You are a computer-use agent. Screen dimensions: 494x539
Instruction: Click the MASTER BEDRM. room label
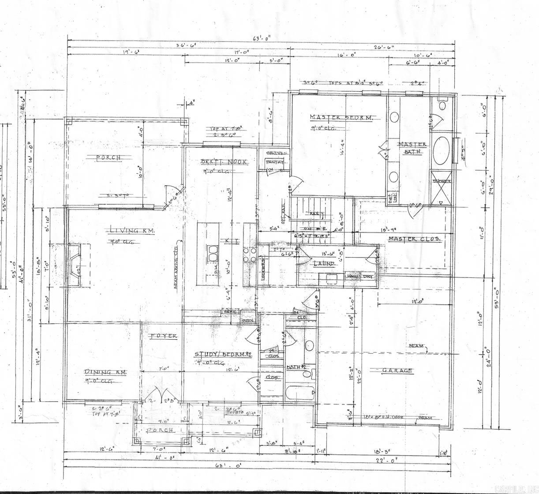click(342, 117)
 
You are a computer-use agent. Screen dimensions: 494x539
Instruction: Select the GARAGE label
click(397, 370)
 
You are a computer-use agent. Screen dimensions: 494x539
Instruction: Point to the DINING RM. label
click(105, 372)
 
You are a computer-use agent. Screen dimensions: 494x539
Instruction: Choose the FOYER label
click(164, 336)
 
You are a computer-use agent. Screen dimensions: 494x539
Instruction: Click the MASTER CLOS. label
click(414, 239)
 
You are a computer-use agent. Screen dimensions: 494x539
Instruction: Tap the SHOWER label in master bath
click(442, 181)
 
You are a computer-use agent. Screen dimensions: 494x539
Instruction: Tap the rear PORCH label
click(109, 158)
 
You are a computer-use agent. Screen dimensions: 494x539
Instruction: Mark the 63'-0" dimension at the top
click(262, 38)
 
